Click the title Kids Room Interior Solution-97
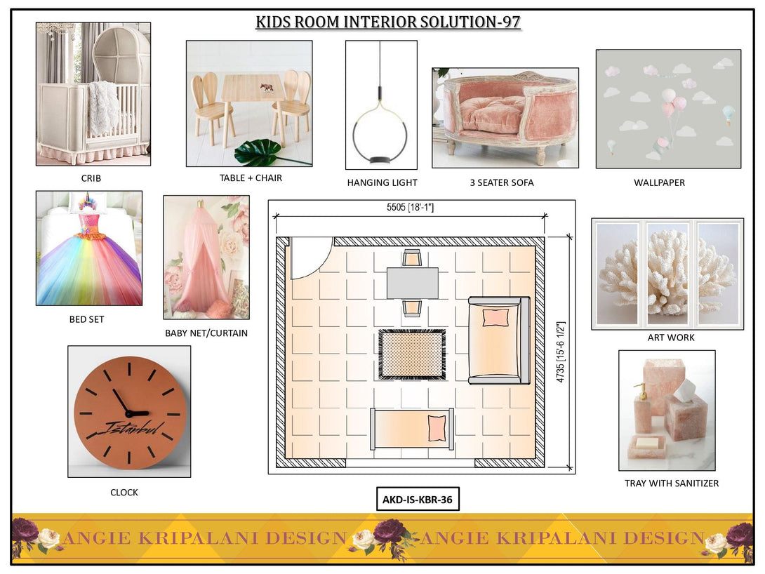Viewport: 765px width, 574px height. tap(387, 22)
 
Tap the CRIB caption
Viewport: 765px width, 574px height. tap(91, 178)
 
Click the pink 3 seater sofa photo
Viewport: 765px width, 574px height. tap(505, 117)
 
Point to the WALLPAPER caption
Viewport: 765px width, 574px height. tap(659, 182)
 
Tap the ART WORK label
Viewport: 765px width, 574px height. tap(671, 338)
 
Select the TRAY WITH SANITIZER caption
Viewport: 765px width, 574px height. tap(671, 483)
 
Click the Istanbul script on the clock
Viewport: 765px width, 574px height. tap(133, 428)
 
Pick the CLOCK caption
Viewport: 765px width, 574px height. tap(124, 493)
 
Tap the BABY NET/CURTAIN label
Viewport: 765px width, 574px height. tap(206, 333)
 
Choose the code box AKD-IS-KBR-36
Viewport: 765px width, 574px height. tap(418, 500)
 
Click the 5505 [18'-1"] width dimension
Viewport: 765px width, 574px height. tap(410, 208)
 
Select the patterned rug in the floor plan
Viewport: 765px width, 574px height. tap(412, 354)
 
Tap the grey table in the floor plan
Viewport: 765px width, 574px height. tap(412, 283)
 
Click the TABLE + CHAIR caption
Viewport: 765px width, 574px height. tap(251, 178)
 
